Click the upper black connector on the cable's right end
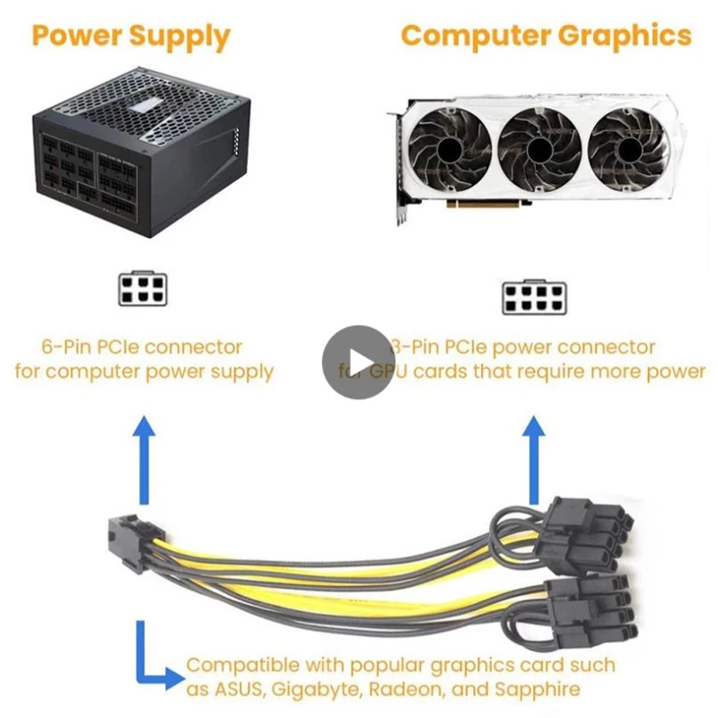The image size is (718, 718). (x=583, y=530)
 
